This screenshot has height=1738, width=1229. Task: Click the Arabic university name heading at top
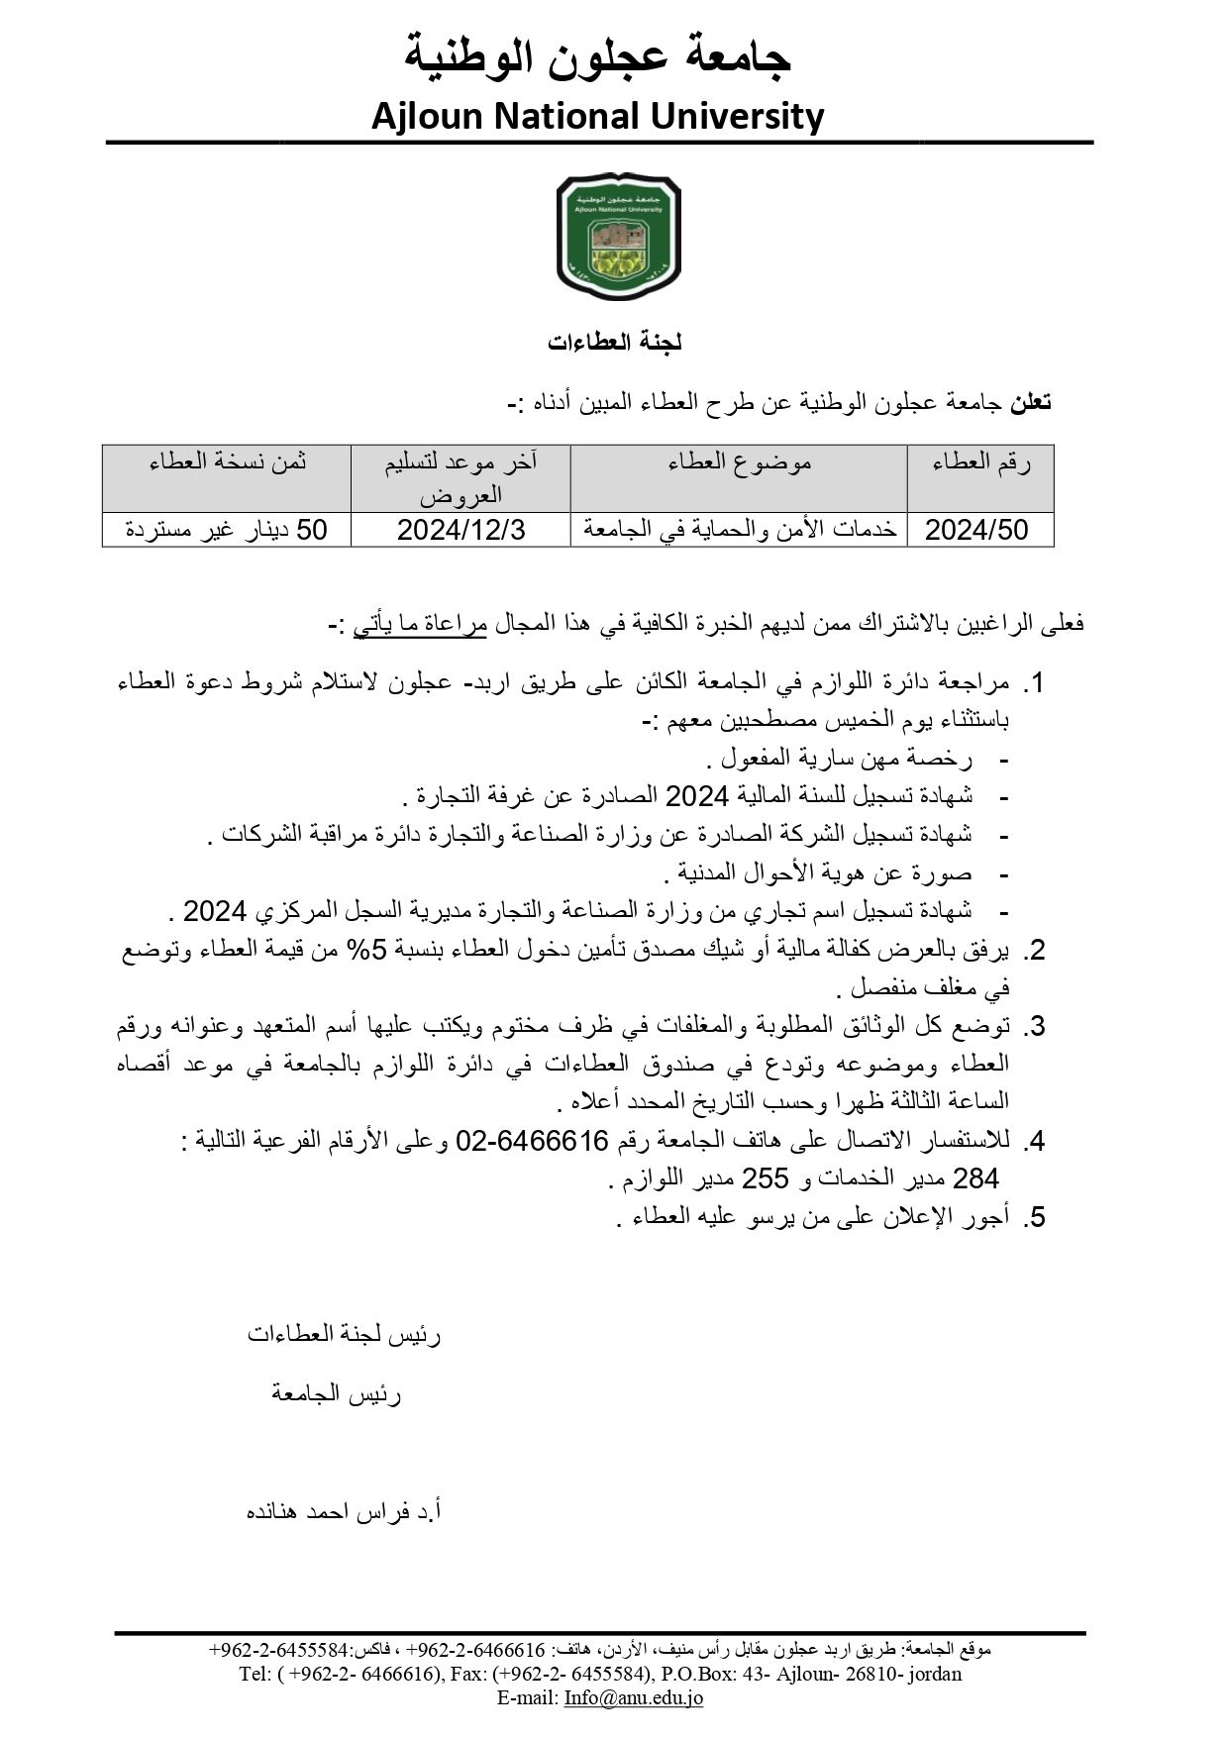click(x=597, y=56)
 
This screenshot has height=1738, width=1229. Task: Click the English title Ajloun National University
click(x=597, y=117)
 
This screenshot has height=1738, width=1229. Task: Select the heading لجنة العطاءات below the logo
click(x=614, y=343)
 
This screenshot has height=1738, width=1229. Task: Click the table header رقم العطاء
click(x=980, y=462)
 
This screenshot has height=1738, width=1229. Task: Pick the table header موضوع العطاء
click(x=739, y=462)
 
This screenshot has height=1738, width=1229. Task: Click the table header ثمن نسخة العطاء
click(x=227, y=462)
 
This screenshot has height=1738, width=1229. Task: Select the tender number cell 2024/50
click(x=976, y=531)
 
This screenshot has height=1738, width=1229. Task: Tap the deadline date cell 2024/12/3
click(x=461, y=531)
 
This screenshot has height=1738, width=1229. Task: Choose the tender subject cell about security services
click(x=739, y=531)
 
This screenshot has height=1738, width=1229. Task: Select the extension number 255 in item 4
click(x=765, y=1178)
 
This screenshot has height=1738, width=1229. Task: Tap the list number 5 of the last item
click(x=1036, y=1218)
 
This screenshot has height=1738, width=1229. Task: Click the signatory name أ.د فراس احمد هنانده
click(x=343, y=1512)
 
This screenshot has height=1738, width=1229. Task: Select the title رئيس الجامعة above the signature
click(x=337, y=1394)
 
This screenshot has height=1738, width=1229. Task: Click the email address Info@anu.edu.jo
click(x=633, y=1697)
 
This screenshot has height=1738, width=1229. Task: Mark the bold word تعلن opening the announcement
click(x=1030, y=403)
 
